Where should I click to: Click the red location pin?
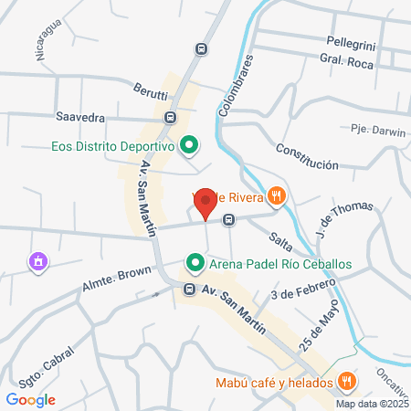(x=206, y=203)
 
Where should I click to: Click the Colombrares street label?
(x=234, y=84)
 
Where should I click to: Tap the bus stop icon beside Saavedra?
(x=170, y=118)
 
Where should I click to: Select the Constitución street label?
(x=307, y=157)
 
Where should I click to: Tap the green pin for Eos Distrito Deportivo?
(x=189, y=145)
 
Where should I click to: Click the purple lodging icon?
(x=38, y=263)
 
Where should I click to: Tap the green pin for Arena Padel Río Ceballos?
(x=195, y=264)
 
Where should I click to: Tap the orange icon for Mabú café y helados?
(x=346, y=382)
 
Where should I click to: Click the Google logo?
(x=31, y=399)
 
